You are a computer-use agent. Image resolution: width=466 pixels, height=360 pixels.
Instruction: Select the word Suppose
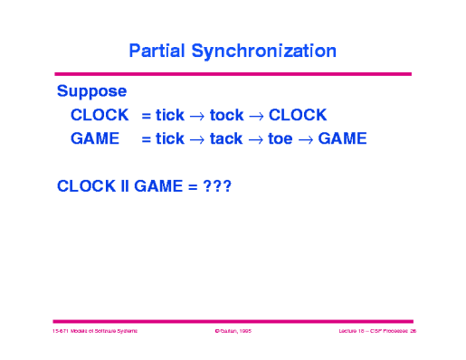pyautogui.click(x=91, y=91)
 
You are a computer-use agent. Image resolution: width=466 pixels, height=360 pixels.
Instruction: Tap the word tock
pyautogui.click(x=226, y=115)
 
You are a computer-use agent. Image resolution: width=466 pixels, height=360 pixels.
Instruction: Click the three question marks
pyautogui.click(x=218, y=185)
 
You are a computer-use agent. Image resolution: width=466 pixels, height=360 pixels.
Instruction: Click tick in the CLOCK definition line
pyautogui.click(x=170, y=115)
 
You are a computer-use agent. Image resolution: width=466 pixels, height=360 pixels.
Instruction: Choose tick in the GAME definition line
pyautogui.click(x=170, y=138)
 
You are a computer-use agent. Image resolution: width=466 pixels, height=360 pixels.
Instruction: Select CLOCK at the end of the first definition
pyautogui.click(x=298, y=115)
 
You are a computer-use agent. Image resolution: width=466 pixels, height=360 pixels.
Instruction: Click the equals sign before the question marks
pyautogui.click(x=193, y=185)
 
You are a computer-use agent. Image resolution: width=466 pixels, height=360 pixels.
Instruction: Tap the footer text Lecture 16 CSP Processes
pyautogui.click(x=370, y=332)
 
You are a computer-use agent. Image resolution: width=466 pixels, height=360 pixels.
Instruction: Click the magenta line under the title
pyautogui.click(x=233, y=73)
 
